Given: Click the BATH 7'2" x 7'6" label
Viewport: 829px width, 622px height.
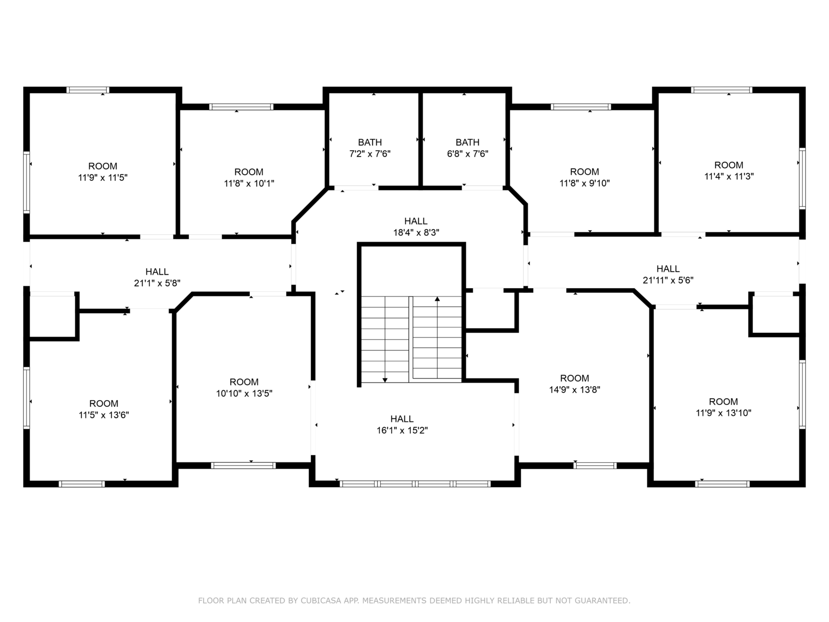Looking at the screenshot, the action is [370, 148].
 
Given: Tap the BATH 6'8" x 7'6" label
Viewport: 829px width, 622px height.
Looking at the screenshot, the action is [467, 148].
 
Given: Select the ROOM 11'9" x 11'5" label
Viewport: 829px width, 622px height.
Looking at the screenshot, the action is [103, 172].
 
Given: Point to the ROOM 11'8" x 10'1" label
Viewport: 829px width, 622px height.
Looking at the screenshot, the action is [249, 177].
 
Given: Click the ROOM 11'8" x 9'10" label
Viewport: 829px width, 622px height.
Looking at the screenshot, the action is [584, 177].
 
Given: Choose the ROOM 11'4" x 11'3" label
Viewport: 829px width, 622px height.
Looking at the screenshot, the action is [729, 171].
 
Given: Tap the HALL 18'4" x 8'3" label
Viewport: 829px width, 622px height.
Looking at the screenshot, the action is [416, 227].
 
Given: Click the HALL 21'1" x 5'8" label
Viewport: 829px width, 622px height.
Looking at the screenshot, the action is [157, 277].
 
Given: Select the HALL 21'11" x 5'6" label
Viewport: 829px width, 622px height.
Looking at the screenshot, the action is [668, 275].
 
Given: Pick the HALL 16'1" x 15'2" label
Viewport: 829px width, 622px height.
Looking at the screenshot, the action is [402, 425].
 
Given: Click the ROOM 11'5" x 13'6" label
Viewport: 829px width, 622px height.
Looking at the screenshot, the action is [104, 409].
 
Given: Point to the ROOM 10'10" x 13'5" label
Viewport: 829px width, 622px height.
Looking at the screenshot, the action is [244, 388].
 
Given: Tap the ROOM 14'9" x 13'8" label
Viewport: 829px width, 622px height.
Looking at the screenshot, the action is [575, 384].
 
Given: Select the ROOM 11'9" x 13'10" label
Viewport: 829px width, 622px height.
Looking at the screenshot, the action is [723, 407].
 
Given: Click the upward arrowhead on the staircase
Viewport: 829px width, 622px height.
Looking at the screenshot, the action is [437, 299].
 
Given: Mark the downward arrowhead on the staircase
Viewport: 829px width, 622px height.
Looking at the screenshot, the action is [385, 380].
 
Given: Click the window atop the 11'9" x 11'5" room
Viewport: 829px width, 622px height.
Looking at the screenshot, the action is [88, 90].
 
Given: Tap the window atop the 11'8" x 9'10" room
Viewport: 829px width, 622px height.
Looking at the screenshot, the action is [581, 107].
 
